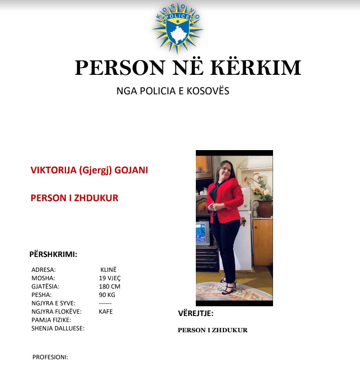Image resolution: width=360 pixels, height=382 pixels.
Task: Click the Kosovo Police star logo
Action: point(178,28)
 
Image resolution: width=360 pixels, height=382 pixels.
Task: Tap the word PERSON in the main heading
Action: point(120,68)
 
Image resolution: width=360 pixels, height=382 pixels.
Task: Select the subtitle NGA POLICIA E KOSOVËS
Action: point(173,91)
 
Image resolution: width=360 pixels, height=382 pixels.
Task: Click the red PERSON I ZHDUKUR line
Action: point(74,198)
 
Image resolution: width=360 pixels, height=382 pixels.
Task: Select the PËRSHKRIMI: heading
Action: point(53,254)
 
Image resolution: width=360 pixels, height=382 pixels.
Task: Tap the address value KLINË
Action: point(108,270)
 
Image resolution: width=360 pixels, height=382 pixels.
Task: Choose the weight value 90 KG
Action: point(107,295)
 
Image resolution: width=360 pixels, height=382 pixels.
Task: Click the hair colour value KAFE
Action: point(106,311)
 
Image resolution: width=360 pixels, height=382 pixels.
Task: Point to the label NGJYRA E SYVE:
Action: point(53,303)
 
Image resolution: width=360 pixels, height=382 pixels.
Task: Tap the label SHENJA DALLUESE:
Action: point(58,328)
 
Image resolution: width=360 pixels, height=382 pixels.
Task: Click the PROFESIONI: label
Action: point(50,357)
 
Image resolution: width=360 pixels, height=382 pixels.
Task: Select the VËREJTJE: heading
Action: point(196,313)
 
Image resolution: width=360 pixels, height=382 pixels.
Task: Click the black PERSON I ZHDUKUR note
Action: point(213,330)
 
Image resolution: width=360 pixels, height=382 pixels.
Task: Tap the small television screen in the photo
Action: point(202,232)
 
